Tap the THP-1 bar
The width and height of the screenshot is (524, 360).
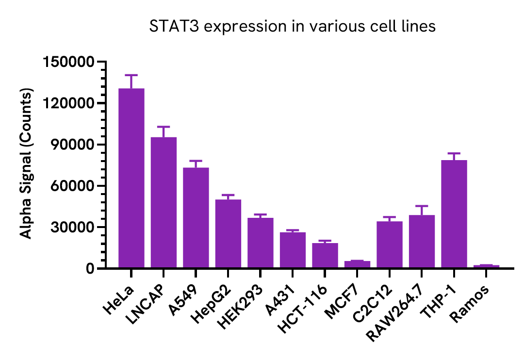(454, 214)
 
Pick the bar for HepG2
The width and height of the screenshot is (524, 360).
(228, 233)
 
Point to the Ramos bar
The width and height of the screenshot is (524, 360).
(486, 266)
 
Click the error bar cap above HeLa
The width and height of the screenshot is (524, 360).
(131, 75)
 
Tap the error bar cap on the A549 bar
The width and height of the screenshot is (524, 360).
(196, 161)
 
